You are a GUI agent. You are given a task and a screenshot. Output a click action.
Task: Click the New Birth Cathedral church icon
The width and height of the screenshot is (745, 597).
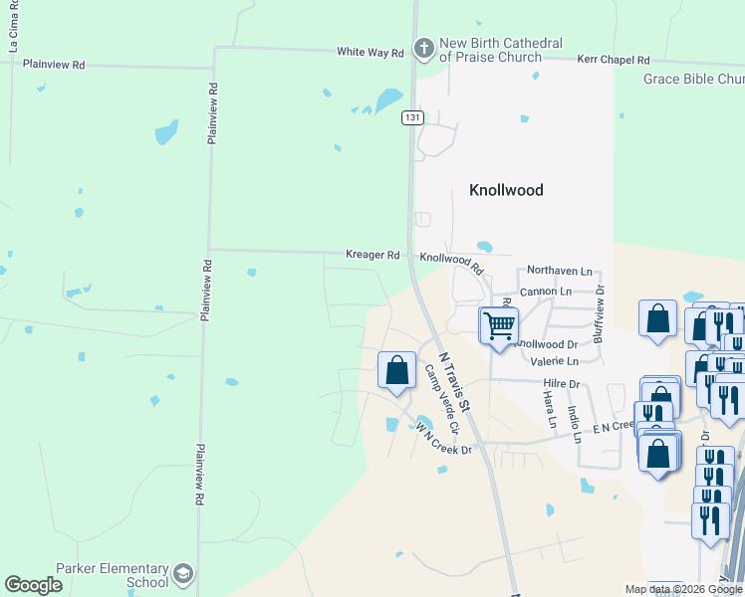coord(424,48)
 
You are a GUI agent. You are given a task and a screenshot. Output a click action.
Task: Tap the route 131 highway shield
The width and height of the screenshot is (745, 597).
coord(413,117)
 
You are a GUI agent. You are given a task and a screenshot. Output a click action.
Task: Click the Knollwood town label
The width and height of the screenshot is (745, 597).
coord(506,189)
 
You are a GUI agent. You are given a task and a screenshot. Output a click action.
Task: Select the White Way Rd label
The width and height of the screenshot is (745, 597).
coord(370,52)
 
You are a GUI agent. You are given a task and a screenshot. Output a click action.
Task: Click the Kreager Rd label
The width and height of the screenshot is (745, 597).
coord(372,255)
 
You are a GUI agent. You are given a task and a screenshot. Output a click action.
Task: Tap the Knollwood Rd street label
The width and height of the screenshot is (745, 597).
coord(451,263)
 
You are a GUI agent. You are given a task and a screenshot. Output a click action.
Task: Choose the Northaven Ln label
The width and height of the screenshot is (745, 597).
coord(559,271)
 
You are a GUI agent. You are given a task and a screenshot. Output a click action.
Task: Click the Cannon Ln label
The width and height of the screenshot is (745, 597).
coord(546,292)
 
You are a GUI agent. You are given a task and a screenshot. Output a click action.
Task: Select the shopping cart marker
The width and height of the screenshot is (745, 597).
coord(499,324)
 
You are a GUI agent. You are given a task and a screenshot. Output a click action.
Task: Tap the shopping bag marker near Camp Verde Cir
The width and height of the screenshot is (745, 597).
coord(396,370)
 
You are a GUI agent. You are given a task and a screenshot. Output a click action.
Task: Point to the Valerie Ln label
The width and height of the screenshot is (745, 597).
coord(556,361)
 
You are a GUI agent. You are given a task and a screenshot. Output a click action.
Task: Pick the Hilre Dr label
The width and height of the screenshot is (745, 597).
coord(562,383)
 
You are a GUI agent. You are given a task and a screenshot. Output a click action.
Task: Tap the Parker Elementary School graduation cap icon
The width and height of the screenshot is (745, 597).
coord(183,573)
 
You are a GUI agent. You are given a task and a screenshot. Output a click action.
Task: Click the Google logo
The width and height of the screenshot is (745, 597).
coord(34,584)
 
